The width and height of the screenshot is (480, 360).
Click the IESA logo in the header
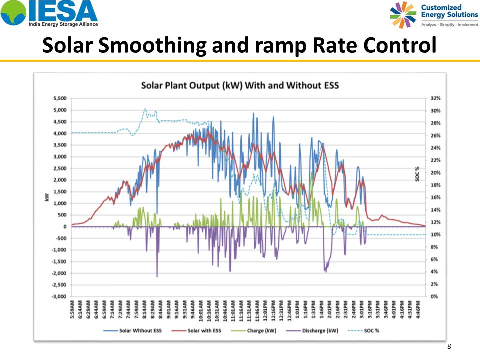tap(49, 14)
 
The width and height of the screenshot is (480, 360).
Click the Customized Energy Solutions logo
tap(433, 14)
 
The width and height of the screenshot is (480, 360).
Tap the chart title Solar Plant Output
tap(240, 85)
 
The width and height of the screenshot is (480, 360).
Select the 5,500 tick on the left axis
tap(60, 99)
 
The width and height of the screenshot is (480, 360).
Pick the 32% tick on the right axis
tap(435, 99)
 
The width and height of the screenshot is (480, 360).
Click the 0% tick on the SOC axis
tap(434, 296)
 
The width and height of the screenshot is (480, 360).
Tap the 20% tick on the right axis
tap(435, 173)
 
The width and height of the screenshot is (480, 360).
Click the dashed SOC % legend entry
tap(368, 331)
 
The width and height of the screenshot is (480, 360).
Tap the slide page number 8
tap(449, 346)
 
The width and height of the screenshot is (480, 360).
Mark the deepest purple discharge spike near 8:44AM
tap(157, 276)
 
